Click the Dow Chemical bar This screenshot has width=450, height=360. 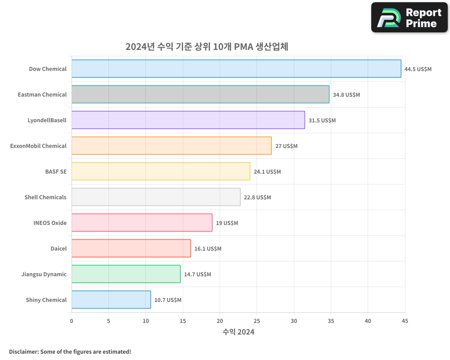(236, 69)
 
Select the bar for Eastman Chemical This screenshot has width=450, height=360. (200, 94)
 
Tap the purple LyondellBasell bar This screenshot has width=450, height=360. (188, 120)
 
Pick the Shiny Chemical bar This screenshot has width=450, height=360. (111, 300)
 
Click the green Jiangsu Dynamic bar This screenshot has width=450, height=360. (126, 274)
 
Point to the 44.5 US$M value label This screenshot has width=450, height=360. (418, 69)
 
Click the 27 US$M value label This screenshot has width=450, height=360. (287, 146)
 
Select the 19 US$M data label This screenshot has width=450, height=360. (227, 223)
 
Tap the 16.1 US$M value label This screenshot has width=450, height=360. (208, 249)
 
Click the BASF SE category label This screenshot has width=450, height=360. (56, 171)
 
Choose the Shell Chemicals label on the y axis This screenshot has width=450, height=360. (45, 197)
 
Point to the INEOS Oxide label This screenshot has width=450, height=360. (50, 223)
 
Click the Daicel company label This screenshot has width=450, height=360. (58, 248)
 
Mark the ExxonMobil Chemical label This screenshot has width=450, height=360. (38, 146)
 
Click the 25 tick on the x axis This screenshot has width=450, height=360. (257, 321)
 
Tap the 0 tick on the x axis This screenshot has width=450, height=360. (72, 321)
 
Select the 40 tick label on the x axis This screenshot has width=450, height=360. (368, 321)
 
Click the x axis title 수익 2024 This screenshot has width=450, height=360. (238, 332)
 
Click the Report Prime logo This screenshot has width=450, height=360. (409, 18)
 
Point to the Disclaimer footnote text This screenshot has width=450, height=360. (70, 351)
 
